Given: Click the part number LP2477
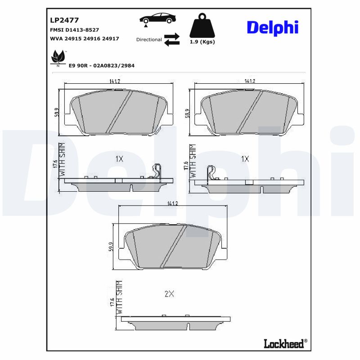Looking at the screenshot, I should (x=64, y=20).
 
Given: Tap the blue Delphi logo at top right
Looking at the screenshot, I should (x=272, y=27).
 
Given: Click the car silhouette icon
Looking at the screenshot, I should (x=157, y=19).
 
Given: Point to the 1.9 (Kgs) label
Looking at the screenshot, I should (x=201, y=42).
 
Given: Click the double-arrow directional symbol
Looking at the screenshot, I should (x=171, y=40).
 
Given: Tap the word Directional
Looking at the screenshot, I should (x=149, y=40).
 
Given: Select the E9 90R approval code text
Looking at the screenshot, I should (x=101, y=66).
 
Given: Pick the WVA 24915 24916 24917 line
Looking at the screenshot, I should (x=84, y=39).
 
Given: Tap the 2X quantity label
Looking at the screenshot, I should (x=169, y=294).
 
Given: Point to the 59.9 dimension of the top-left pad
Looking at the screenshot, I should (x=56, y=112).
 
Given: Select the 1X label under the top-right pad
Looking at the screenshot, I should (x=245, y=159).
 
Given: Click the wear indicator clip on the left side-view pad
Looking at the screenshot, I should (x=156, y=172).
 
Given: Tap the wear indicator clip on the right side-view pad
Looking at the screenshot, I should (x=210, y=173).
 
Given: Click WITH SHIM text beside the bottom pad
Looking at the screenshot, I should (x=119, y=297).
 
